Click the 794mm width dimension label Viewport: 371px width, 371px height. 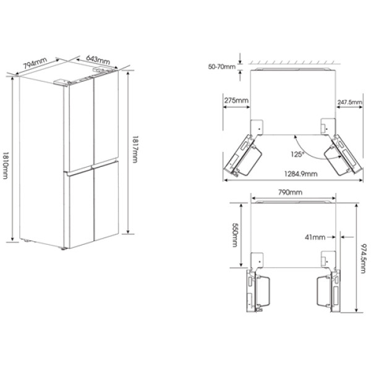(x=35, y=63)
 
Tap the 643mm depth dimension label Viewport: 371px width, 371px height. (x=98, y=59)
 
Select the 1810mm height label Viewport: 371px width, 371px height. (x=5, y=165)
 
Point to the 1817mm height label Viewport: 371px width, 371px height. (x=135, y=149)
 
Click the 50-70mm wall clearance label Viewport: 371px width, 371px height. (x=222, y=67)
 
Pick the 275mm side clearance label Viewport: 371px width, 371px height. (x=236, y=101)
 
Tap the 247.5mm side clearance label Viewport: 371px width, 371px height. (x=349, y=102)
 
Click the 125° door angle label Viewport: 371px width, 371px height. (x=297, y=154)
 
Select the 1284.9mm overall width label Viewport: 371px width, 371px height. (x=301, y=174)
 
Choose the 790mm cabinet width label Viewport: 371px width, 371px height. (x=290, y=192)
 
